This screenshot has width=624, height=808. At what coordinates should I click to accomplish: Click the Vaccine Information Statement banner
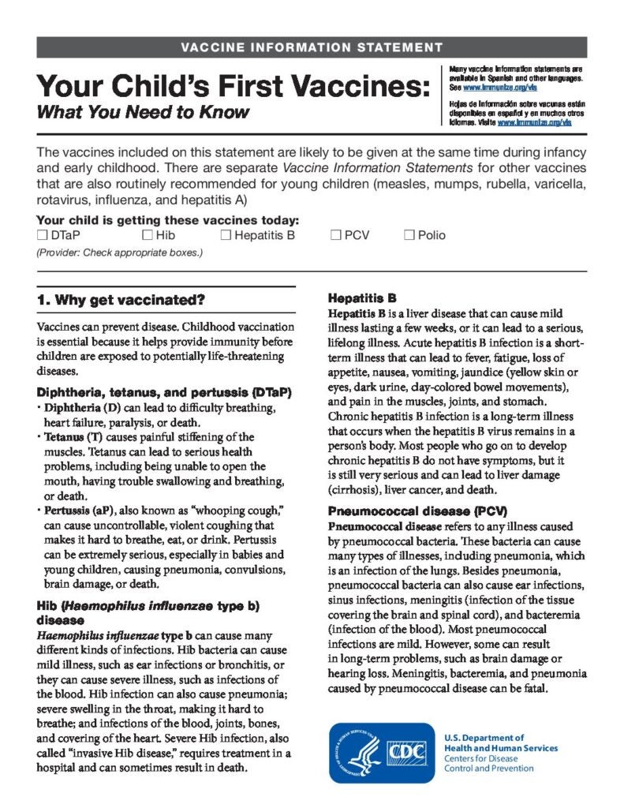pyautogui.click(x=312, y=47)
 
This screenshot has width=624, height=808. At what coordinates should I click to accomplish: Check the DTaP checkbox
pyautogui.click(x=43, y=235)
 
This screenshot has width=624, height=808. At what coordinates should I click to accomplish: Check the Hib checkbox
pyautogui.click(x=148, y=235)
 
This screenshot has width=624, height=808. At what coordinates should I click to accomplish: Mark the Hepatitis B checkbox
pyautogui.click(x=226, y=235)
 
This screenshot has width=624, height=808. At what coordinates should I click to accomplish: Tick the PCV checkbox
pyautogui.click(x=335, y=235)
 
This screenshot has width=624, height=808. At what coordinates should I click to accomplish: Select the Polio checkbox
pyautogui.click(x=409, y=235)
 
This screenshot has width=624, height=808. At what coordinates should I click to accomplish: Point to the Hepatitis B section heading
pyautogui.click(x=361, y=299)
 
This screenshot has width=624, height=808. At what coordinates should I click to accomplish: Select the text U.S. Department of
pyautogui.click(x=484, y=738)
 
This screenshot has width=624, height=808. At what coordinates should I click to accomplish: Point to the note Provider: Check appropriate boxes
pyautogui.click(x=120, y=253)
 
